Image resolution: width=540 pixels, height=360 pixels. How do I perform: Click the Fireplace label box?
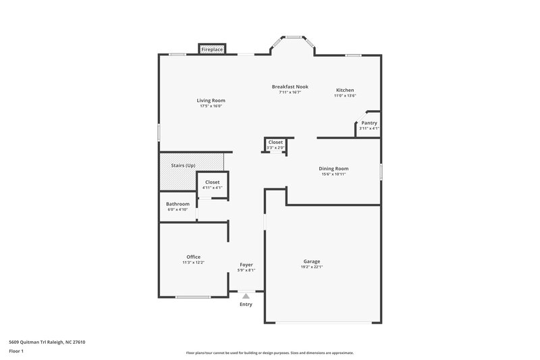212,49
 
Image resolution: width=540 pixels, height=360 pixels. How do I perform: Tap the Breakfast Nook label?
290,86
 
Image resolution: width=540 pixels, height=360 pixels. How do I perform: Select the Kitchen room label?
345,90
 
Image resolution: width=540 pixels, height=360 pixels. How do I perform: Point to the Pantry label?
369,123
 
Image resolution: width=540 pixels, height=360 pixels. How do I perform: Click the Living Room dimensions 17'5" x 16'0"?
211,106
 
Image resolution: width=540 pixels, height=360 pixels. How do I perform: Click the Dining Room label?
333,169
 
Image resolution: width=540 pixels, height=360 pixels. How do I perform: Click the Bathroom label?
178,204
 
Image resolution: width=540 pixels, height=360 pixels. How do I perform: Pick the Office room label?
193,257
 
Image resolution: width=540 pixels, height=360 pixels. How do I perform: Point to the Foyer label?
246,265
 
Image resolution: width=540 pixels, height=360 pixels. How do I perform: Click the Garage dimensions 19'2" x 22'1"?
311,267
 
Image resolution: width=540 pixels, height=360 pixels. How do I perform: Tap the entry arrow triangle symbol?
246,295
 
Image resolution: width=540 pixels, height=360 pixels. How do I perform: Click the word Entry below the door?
246,305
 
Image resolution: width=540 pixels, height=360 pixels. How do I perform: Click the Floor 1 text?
16,351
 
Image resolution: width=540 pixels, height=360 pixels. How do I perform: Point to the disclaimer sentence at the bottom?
269,353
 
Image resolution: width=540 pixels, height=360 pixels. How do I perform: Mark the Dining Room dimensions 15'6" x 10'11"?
333,174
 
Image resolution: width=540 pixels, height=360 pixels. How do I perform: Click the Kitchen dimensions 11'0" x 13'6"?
345,96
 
